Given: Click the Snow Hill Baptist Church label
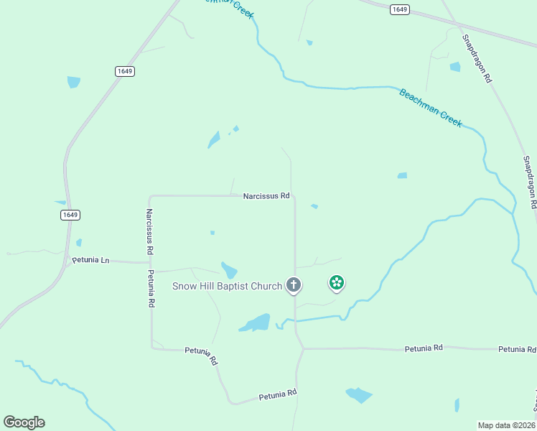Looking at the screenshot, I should click(x=227, y=286).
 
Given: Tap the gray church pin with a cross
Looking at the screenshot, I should click(x=293, y=285).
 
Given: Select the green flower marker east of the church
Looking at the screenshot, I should click(x=336, y=283).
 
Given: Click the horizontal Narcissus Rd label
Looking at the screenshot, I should click(x=266, y=195).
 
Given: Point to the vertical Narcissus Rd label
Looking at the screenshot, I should click(x=149, y=232).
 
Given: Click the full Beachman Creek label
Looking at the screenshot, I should click(x=430, y=108).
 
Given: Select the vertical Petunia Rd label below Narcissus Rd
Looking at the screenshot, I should click(x=151, y=289).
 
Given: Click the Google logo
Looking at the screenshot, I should click(x=24, y=422).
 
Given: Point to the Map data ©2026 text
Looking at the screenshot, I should click(x=506, y=425).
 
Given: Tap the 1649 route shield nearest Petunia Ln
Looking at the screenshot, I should click(x=70, y=215).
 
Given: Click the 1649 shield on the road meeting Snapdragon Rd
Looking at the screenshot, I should click(x=400, y=9).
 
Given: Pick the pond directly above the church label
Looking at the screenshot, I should click(x=229, y=270).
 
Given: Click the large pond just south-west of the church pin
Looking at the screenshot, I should click(x=256, y=323).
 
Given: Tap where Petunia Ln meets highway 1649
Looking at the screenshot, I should click(x=68, y=261).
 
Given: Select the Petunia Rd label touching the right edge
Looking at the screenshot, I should click(x=517, y=349).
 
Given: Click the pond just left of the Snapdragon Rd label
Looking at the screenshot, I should click(x=454, y=67).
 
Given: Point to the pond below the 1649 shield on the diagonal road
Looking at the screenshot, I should click(x=73, y=82).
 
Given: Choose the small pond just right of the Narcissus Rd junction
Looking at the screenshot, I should click(x=314, y=207).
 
